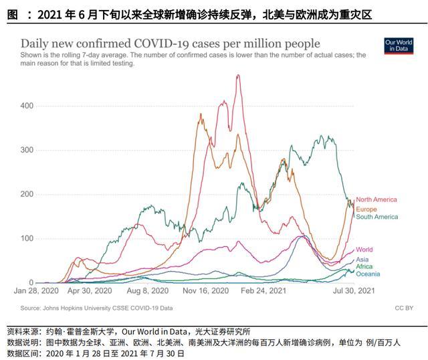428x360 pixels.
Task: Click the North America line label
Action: (x=376, y=199)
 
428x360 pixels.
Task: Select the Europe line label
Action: (x=366, y=209)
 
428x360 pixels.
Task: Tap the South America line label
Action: (x=377, y=217)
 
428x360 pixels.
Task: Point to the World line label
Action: (x=364, y=250)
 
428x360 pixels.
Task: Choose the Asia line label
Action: (x=362, y=260)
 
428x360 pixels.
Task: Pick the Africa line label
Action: (x=364, y=266)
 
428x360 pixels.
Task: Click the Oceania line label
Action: (x=368, y=274)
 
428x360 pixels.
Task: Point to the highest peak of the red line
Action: (x=238, y=75)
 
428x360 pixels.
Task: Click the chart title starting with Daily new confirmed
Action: (x=171, y=44)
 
